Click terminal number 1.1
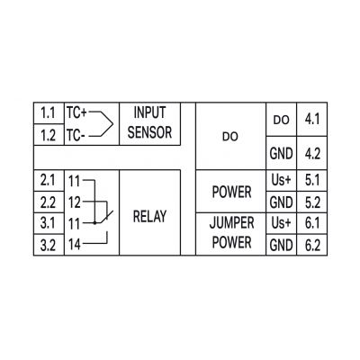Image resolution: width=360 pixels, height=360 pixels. pos(48,113)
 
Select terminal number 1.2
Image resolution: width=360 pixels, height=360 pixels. pos(49,136)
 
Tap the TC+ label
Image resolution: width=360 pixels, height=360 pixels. pos(76,113)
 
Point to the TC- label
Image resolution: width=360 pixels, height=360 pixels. pos(76,136)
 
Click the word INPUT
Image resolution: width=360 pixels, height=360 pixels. pos(149,112)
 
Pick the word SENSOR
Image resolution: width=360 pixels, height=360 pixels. pos(149,132)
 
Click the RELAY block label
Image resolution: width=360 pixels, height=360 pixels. pos(149,216)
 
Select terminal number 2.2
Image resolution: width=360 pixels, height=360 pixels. pos(48,202)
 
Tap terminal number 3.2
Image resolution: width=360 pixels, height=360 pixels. pos(48,246)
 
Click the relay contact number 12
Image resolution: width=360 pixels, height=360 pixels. pos(75,202)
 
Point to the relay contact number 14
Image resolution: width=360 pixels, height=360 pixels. pos(75,245)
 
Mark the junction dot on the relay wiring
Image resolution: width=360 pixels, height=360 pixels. pos(94,223)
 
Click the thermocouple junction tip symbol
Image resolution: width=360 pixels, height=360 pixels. pos(112,124)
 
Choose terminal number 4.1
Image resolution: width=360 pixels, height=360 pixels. pos(312,120)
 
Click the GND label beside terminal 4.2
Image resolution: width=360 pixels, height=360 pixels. pos(281,154)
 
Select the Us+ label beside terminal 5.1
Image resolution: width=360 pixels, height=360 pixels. pos(281,180)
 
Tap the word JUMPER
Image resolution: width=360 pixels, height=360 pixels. pos(231,223)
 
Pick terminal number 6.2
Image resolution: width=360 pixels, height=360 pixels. pos(312,246)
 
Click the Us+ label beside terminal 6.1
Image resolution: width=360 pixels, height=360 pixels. pos(281,223)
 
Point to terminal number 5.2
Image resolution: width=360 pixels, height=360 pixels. pos(312,202)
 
